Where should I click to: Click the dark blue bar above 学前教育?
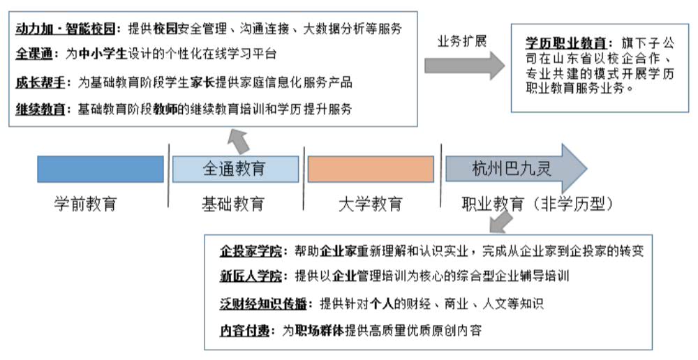(x=101, y=169)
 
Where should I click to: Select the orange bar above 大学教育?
(x=371, y=169)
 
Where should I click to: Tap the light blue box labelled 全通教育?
(x=235, y=169)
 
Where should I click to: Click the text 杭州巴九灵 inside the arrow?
(x=512, y=169)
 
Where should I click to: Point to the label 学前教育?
(x=85, y=204)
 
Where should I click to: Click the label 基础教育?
(x=233, y=204)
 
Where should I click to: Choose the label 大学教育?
(x=371, y=204)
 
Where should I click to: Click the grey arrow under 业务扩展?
(x=464, y=66)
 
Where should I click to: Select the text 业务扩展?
(x=461, y=41)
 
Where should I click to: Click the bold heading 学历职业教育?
(x=565, y=43)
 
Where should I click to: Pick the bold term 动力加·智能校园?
(x=66, y=29)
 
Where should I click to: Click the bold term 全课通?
(x=34, y=54)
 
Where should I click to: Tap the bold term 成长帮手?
(x=40, y=82)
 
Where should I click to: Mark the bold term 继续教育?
(x=40, y=109)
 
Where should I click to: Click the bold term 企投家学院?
(x=251, y=251)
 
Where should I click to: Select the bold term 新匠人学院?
(x=251, y=276)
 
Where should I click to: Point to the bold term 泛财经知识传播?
(x=263, y=304)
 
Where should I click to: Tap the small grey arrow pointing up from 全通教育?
(x=239, y=142)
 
